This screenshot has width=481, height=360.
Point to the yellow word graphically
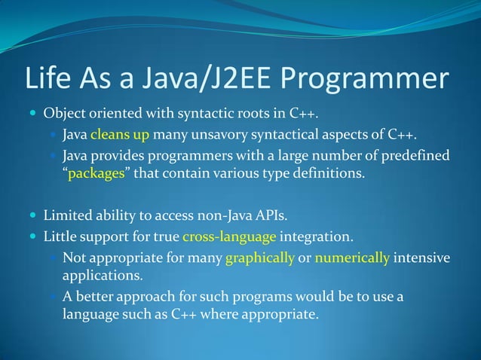pos(259,258)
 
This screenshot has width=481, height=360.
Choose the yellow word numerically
pos(352,258)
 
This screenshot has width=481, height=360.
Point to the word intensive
pos(421,258)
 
